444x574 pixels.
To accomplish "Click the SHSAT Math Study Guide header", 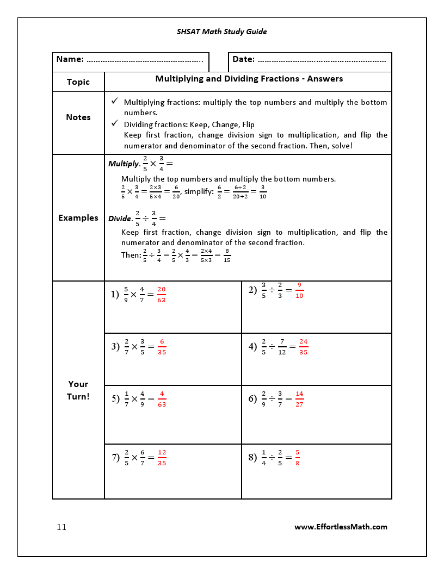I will (221, 32).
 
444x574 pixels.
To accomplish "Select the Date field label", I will (243, 59).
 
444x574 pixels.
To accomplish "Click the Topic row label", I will (78, 82).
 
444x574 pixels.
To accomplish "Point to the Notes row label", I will (78, 117).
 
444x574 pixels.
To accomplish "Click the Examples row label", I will (78, 218).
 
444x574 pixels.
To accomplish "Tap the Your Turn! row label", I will (78, 390).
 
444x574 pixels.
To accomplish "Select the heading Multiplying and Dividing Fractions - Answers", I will (249, 79).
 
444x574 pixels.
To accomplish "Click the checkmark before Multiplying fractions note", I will (114, 102).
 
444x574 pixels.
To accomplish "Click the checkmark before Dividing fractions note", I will (114, 123).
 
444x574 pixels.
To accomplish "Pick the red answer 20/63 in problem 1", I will (162, 295).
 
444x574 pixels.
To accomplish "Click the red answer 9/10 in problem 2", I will (299, 290).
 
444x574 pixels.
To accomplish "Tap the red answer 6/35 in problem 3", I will (162, 347).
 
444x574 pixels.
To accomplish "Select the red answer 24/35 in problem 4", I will (303, 347).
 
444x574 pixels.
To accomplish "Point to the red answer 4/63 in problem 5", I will (162, 399).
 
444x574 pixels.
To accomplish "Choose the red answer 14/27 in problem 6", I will (299, 399).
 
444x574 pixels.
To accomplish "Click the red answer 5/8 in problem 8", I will (297, 458).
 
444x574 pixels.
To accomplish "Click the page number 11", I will (61, 527).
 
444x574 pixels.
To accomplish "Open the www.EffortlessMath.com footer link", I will (341, 527).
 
